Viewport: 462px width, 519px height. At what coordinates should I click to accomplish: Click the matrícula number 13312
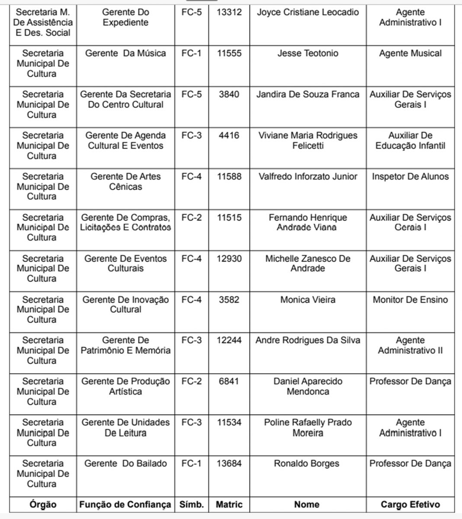click(229, 12)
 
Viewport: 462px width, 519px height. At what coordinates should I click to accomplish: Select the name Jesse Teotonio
click(308, 53)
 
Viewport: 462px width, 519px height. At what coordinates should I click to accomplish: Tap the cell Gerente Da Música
click(125, 53)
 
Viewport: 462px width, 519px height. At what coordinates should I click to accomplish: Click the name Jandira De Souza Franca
click(308, 94)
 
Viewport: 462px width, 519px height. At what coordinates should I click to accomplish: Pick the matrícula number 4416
click(229, 135)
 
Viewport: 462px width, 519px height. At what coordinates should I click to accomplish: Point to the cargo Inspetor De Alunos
click(410, 176)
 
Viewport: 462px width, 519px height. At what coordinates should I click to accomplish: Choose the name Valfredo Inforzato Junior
click(308, 176)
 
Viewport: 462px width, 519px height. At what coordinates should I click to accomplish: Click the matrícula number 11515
click(229, 218)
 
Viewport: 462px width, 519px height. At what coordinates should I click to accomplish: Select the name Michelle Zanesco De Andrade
click(308, 263)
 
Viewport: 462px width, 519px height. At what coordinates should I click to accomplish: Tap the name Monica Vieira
click(308, 299)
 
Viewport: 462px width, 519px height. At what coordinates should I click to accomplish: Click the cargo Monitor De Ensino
click(410, 299)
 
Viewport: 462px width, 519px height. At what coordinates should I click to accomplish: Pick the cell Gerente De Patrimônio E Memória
click(125, 345)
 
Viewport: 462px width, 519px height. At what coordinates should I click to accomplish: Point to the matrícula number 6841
click(229, 381)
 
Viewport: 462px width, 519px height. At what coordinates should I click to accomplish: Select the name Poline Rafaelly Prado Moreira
click(308, 427)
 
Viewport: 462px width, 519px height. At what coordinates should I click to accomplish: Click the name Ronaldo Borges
click(306, 464)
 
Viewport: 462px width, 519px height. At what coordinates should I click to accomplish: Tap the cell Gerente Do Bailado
click(125, 464)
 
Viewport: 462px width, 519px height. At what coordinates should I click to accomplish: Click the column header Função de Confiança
click(125, 504)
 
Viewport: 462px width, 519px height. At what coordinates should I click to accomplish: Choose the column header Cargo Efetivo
click(410, 504)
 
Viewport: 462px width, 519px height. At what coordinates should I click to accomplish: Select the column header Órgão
click(43, 504)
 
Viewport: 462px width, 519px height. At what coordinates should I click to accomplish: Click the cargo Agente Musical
click(410, 53)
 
